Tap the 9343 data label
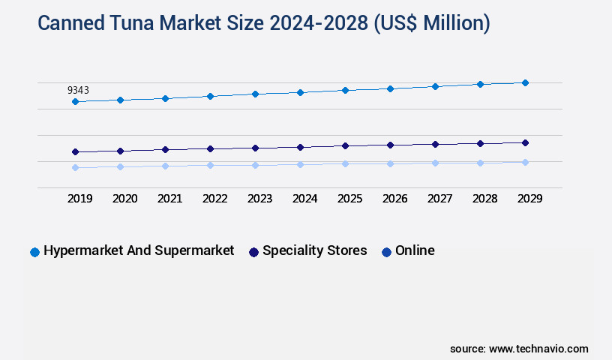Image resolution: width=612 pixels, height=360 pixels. pos(78,90)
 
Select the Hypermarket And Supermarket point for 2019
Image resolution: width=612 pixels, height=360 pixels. pos(75,101)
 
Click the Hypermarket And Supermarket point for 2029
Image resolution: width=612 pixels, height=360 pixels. pos(525,82)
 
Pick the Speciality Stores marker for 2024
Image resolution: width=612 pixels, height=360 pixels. pos(300,147)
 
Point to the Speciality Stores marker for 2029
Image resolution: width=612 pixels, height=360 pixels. pos(525,142)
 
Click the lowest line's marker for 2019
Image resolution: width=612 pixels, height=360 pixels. pos(75,167)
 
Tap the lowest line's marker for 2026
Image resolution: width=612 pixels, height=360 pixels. pos(390,163)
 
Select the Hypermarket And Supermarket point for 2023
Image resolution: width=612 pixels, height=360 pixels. pos(255,94)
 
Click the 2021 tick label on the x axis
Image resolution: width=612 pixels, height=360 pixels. pos(169,199)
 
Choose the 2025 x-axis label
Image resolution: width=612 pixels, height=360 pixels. pos(349,199)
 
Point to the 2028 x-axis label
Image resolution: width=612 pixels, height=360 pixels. pos(484,199)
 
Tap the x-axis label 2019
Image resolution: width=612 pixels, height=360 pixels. pos(79,199)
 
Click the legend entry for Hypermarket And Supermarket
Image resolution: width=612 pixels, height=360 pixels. pos(139,250)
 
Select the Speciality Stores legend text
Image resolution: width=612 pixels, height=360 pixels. pos(314,250)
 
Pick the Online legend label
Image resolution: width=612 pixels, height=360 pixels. pos(415,250)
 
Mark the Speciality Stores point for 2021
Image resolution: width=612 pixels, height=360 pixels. pos(165,149)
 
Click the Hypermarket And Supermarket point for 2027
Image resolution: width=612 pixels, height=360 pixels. pos(435,86)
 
